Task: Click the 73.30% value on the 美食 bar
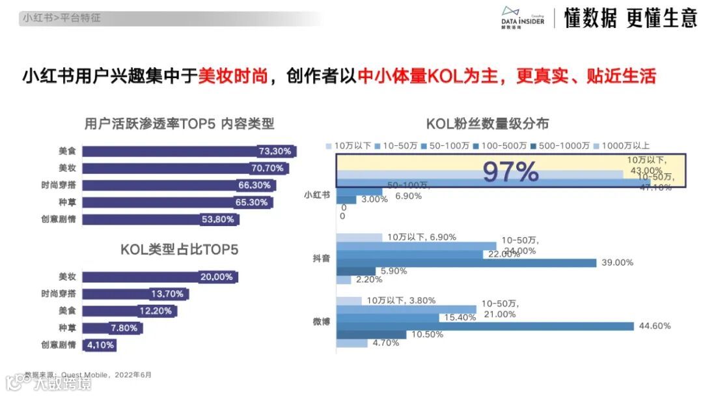[x=275, y=151]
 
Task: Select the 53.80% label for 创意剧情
[x=218, y=219]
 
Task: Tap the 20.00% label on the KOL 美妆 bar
[x=217, y=277]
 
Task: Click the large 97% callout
[x=510, y=172]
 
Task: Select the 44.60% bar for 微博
[x=485, y=326]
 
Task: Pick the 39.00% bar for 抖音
[x=466, y=262]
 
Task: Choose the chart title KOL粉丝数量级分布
[x=487, y=124]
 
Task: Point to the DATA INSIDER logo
[x=523, y=17]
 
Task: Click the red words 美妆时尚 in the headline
[x=233, y=76]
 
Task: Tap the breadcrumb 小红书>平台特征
[x=62, y=18]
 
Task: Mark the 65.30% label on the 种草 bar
[x=253, y=203]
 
